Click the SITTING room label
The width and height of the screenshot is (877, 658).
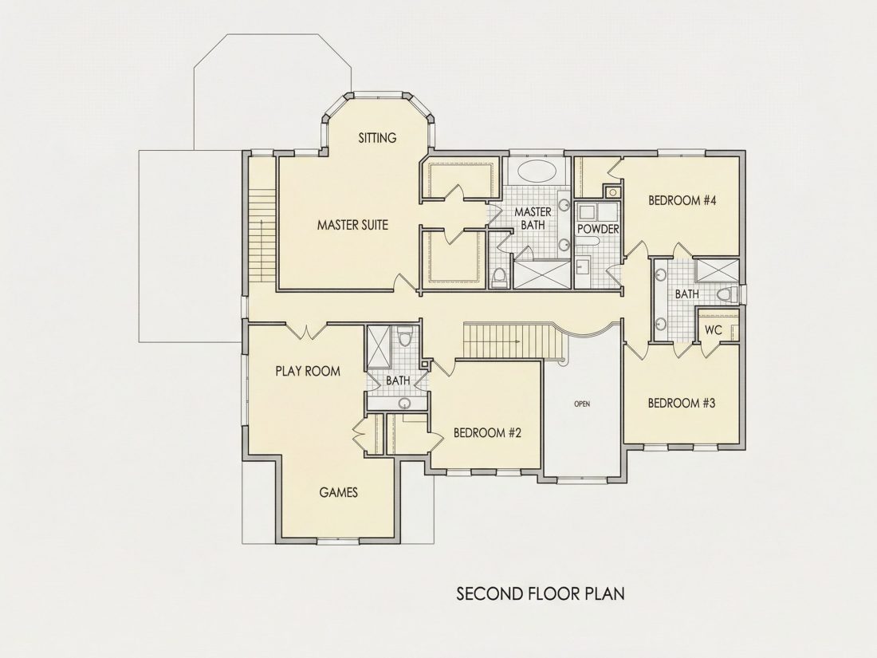coord(378,138)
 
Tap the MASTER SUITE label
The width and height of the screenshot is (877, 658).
coord(352,225)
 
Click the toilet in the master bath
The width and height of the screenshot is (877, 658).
coord(498,278)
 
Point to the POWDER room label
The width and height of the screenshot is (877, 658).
coord(598,229)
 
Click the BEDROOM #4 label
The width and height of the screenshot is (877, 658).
coord(682,200)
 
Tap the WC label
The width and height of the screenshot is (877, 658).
coord(713,330)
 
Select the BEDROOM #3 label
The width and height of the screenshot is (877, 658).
coord(681,403)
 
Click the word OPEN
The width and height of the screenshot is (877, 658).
coord(582,404)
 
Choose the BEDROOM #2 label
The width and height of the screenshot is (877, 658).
coord(487,432)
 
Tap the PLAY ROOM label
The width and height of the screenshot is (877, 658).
coord(308,371)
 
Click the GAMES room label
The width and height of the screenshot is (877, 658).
coord(338,492)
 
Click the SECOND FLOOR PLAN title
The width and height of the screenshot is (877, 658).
coord(541,593)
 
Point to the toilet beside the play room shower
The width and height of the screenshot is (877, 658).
coord(405,337)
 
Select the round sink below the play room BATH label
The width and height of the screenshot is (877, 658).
coord(404,403)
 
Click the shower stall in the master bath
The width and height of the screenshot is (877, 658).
coord(542,274)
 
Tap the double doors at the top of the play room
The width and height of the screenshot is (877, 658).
coord(306,331)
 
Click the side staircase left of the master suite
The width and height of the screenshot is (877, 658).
coord(262,235)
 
